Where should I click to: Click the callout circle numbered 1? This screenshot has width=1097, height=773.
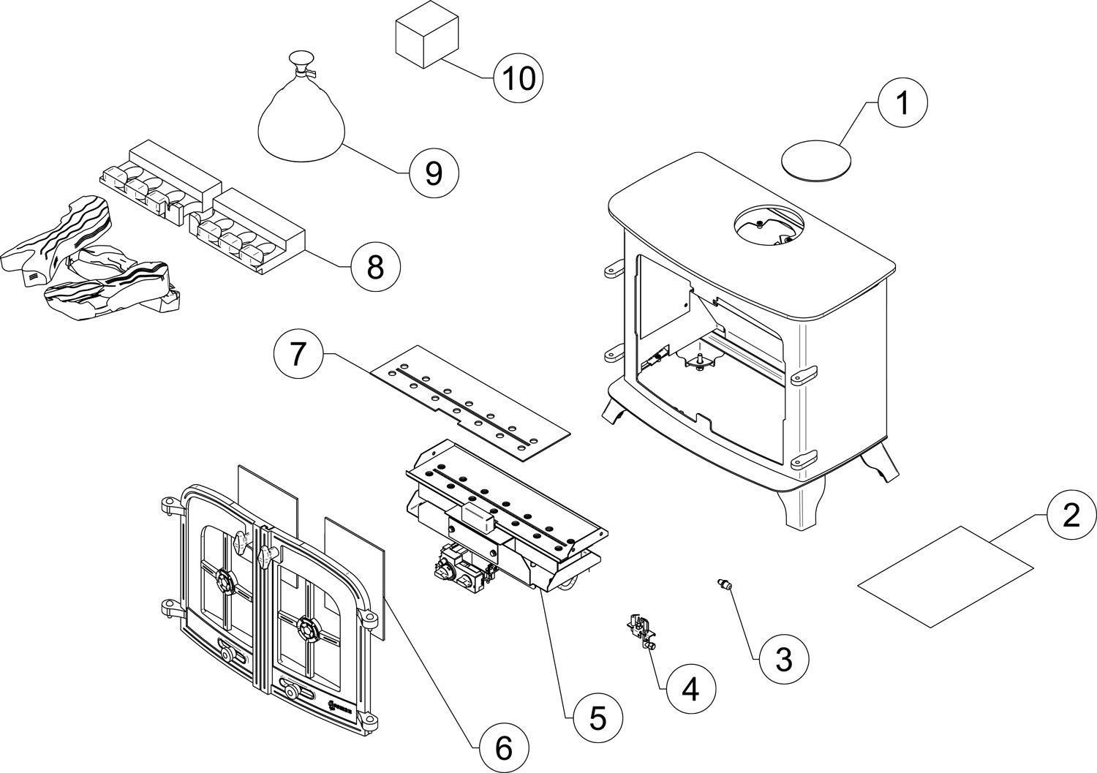(903, 104)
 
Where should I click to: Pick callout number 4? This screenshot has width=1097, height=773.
(691, 688)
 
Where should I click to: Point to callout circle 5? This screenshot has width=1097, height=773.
(597, 719)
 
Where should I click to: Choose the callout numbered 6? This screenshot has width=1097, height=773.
(501, 747)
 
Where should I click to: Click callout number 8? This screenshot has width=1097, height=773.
(375, 268)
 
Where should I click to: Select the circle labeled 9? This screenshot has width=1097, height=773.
(434, 173)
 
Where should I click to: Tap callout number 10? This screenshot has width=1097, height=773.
(519, 78)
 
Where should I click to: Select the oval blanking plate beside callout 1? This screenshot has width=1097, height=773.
(818, 159)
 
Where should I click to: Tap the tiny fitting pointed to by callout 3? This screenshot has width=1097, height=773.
(724, 584)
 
